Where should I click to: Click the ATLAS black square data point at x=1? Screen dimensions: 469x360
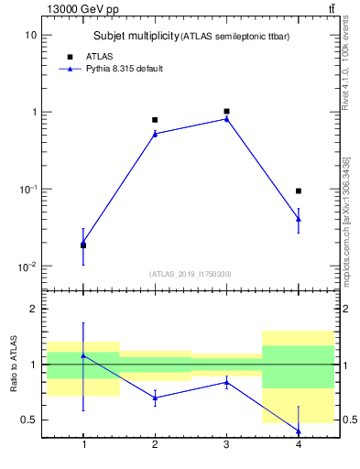(83, 245)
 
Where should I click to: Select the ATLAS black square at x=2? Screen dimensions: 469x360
(155, 120)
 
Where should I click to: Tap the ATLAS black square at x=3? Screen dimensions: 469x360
(226, 111)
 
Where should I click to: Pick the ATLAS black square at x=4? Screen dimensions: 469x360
(298, 191)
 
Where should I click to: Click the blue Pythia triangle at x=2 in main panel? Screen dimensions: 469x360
(155, 134)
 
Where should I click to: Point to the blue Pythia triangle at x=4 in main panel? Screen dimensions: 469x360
(298, 218)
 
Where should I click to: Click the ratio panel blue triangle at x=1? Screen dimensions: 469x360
(83, 355)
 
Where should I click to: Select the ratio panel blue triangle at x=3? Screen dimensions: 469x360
(226, 382)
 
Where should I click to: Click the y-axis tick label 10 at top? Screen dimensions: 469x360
(30, 35)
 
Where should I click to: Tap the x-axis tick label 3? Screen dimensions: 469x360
(226, 445)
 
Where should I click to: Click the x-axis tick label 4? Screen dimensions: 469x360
(298, 445)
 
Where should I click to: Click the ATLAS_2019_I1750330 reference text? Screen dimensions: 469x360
(191, 274)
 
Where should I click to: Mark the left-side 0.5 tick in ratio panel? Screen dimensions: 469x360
(28, 420)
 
